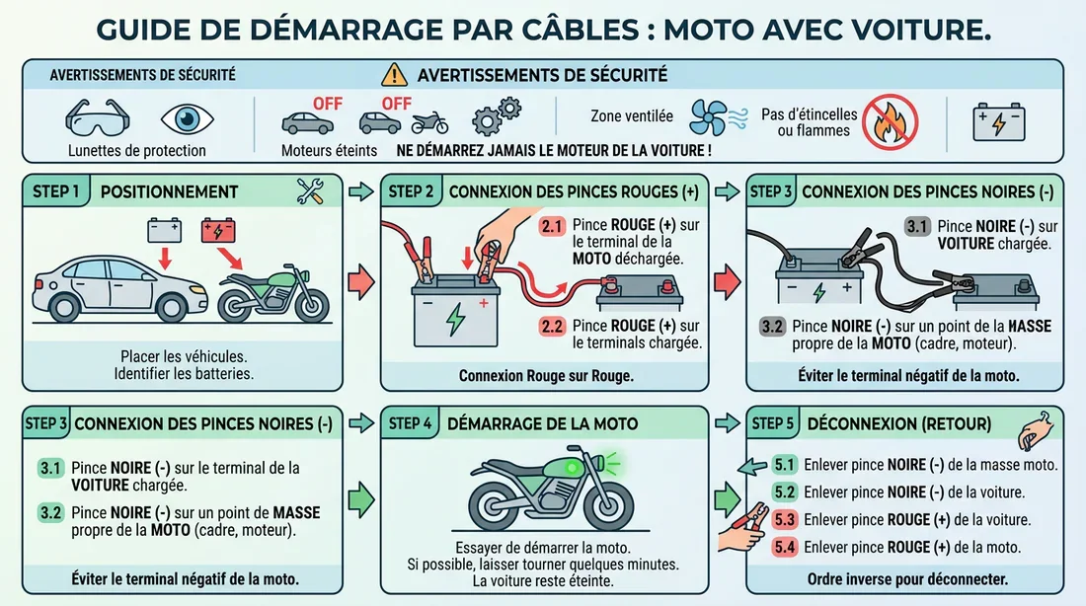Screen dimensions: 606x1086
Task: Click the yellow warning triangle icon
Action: coord(394,74)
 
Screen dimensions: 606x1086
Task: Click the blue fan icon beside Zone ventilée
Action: coord(708,115)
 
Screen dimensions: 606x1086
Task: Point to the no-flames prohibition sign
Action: coord(890,121)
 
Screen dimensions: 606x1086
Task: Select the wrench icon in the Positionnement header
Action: coord(311,191)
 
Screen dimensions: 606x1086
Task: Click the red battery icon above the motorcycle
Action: coord(220,230)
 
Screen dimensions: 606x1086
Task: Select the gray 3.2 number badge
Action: coord(773,326)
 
